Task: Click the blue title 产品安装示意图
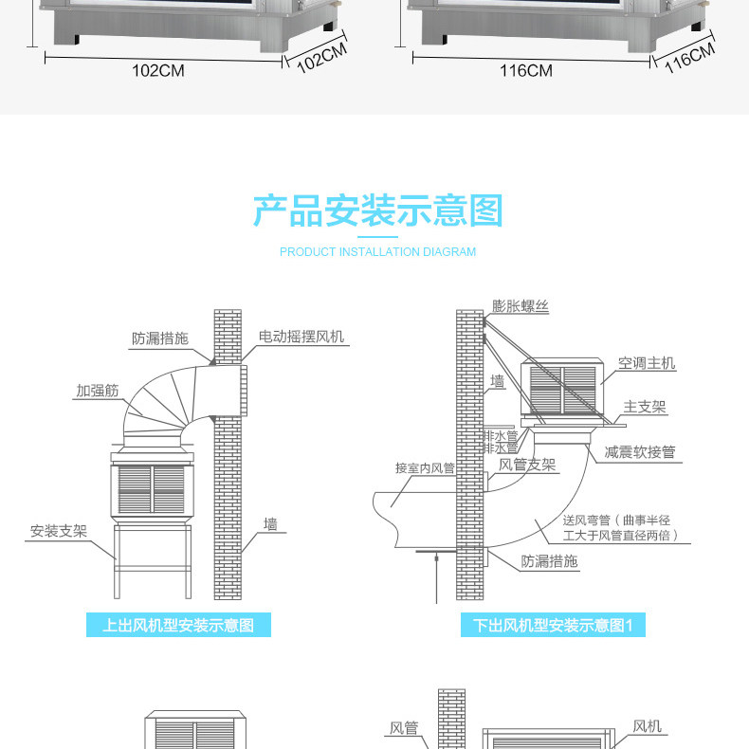(377, 210)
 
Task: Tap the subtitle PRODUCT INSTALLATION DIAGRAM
(377, 252)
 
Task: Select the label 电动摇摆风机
(301, 338)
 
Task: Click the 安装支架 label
(58, 531)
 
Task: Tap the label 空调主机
(647, 363)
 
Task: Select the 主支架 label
(645, 408)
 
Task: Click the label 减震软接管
(640, 452)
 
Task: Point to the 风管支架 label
(527, 465)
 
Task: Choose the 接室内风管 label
(425, 467)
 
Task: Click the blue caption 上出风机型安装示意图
(178, 625)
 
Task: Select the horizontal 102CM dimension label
(157, 71)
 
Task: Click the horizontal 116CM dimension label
(526, 71)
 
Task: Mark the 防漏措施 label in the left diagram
(159, 338)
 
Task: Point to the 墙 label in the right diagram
(497, 382)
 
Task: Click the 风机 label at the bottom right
(648, 727)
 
